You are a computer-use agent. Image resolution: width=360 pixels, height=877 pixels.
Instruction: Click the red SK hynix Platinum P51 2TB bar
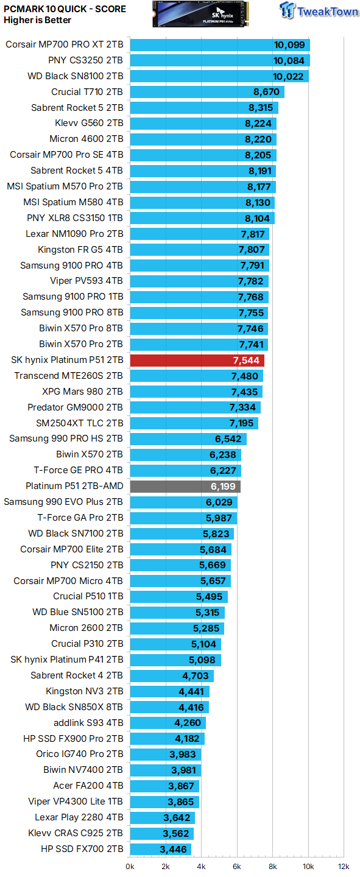(x=197, y=361)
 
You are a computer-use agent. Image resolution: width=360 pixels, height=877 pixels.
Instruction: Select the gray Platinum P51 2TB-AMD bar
(x=185, y=486)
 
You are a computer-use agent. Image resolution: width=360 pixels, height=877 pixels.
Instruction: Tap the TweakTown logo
(x=318, y=11)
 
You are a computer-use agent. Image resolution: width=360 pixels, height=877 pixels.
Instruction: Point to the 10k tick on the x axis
(x=308, y=866)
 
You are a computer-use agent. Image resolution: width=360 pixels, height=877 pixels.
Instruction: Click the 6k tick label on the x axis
(x=237, y=866)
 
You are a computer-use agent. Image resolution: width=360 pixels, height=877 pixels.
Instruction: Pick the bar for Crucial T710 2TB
(x=206, y=92)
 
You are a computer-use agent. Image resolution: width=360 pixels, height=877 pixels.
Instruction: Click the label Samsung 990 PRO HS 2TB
(x=66, y=439)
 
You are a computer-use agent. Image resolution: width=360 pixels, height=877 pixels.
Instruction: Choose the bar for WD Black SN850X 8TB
(x=169, y=707)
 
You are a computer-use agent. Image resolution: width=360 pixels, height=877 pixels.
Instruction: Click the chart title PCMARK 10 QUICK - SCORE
(x=65, y=9)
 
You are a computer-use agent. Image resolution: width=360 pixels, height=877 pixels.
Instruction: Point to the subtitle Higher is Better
(x=38, y=20)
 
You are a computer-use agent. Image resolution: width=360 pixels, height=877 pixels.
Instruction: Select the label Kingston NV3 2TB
(x=84, y=691)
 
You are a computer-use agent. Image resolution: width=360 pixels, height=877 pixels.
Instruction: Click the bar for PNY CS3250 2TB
(x=219, y=61)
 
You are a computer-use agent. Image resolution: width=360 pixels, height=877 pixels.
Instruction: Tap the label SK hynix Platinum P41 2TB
(x=67, y=660)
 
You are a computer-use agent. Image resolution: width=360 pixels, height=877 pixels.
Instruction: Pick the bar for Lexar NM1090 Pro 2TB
(x=199, y=234)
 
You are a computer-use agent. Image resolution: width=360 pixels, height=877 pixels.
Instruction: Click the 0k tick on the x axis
(x=130, y=866)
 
